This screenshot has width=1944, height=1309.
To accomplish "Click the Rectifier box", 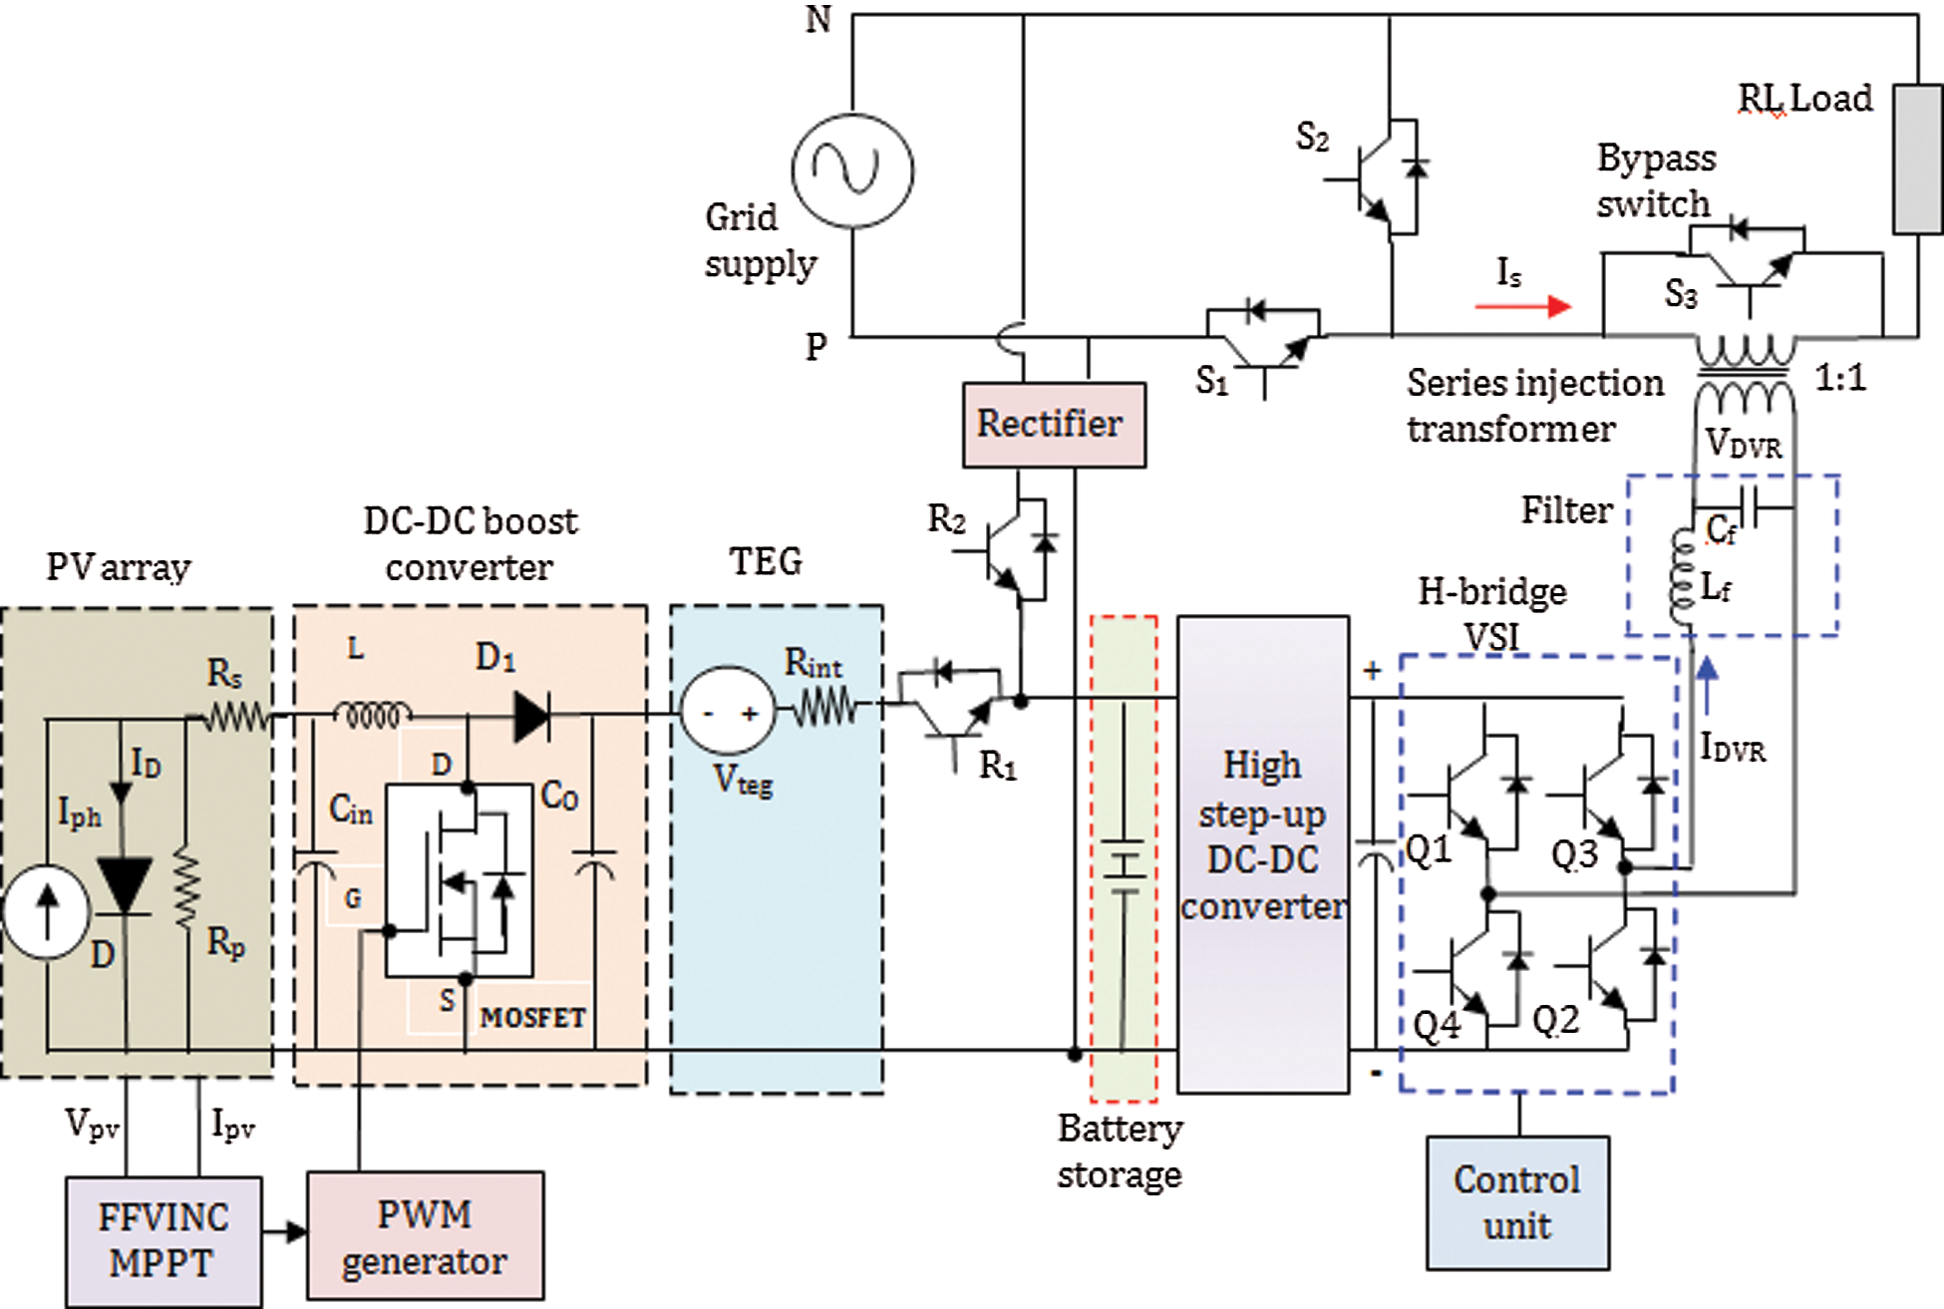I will click(x=1054, y=425).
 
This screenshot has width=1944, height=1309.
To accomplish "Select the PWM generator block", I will click(x=425, y=1236).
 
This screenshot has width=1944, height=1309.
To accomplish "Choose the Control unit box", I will click(x=1517, y=1202).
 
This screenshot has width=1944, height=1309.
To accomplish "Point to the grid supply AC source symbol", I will click(x=852, y=170).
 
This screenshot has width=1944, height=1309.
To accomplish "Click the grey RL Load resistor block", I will click(x=1916, y=160).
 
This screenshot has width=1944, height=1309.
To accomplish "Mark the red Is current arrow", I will click(x=1522, y=306).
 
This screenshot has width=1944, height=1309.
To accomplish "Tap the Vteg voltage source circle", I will click(x=728, y=712).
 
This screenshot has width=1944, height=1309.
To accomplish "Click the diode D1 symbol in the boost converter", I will click(x=531, y=716).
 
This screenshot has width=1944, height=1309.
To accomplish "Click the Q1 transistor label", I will click(x=1429, y=850).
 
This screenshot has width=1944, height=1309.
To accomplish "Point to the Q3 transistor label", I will click(x=1574, y=854).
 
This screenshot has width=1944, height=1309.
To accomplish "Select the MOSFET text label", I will click(x=532, y=1018).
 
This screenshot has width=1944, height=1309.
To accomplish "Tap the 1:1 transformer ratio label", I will click(x=1839, y=378).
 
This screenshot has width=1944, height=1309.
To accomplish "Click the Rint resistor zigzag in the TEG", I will click(x=824, y=710).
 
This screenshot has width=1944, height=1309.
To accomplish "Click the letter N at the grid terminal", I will click(x=818, y=20).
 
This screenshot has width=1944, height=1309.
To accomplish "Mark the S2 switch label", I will click(x=1312, y=137).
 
